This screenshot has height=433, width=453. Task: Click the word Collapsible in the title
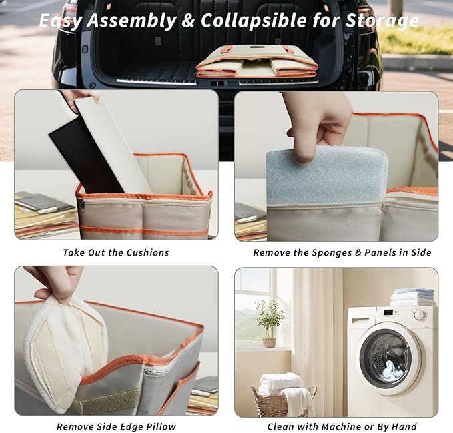coord(254,21)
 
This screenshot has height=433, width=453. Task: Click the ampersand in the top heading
coord(188,21)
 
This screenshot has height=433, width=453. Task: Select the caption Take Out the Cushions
coord(116,252)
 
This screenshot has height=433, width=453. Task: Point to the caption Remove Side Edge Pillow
coord(116,426)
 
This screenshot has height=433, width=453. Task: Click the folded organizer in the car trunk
coord(257,61)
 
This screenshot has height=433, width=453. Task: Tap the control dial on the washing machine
coord(420,314)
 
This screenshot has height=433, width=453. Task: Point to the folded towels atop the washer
coord(412,297)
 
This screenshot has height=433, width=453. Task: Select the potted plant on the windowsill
coord(269,324)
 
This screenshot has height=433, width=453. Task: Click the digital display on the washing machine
coord(388,312)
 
